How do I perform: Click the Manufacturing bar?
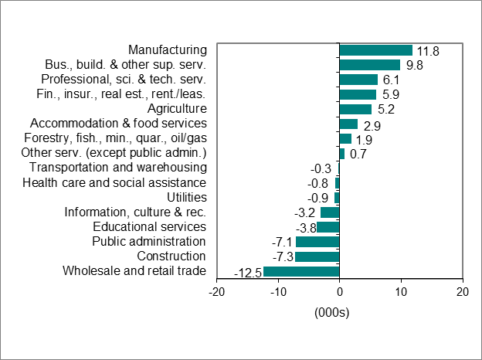pos(375,50)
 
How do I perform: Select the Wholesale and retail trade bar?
pos(301,271)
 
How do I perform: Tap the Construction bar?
pos(317,256)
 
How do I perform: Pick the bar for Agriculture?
pos(355,109)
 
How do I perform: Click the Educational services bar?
pos(328,227)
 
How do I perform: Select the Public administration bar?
pos(317,242)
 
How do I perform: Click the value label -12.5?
pos(247,272)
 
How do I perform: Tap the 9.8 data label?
pos(415,66)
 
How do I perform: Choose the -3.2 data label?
pos(307,213)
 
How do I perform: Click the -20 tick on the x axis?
pos(217,292)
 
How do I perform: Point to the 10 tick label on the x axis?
pos(400,292)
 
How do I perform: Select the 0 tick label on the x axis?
pos(339,292)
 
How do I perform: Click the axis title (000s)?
pos(332,312)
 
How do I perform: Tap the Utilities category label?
pos(186,197)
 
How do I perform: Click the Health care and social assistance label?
pos(114,182)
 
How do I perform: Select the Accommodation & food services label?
pos(117,124)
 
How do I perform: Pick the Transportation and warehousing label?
pos(117,168)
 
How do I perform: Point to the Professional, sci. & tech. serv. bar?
pos(358,80)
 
